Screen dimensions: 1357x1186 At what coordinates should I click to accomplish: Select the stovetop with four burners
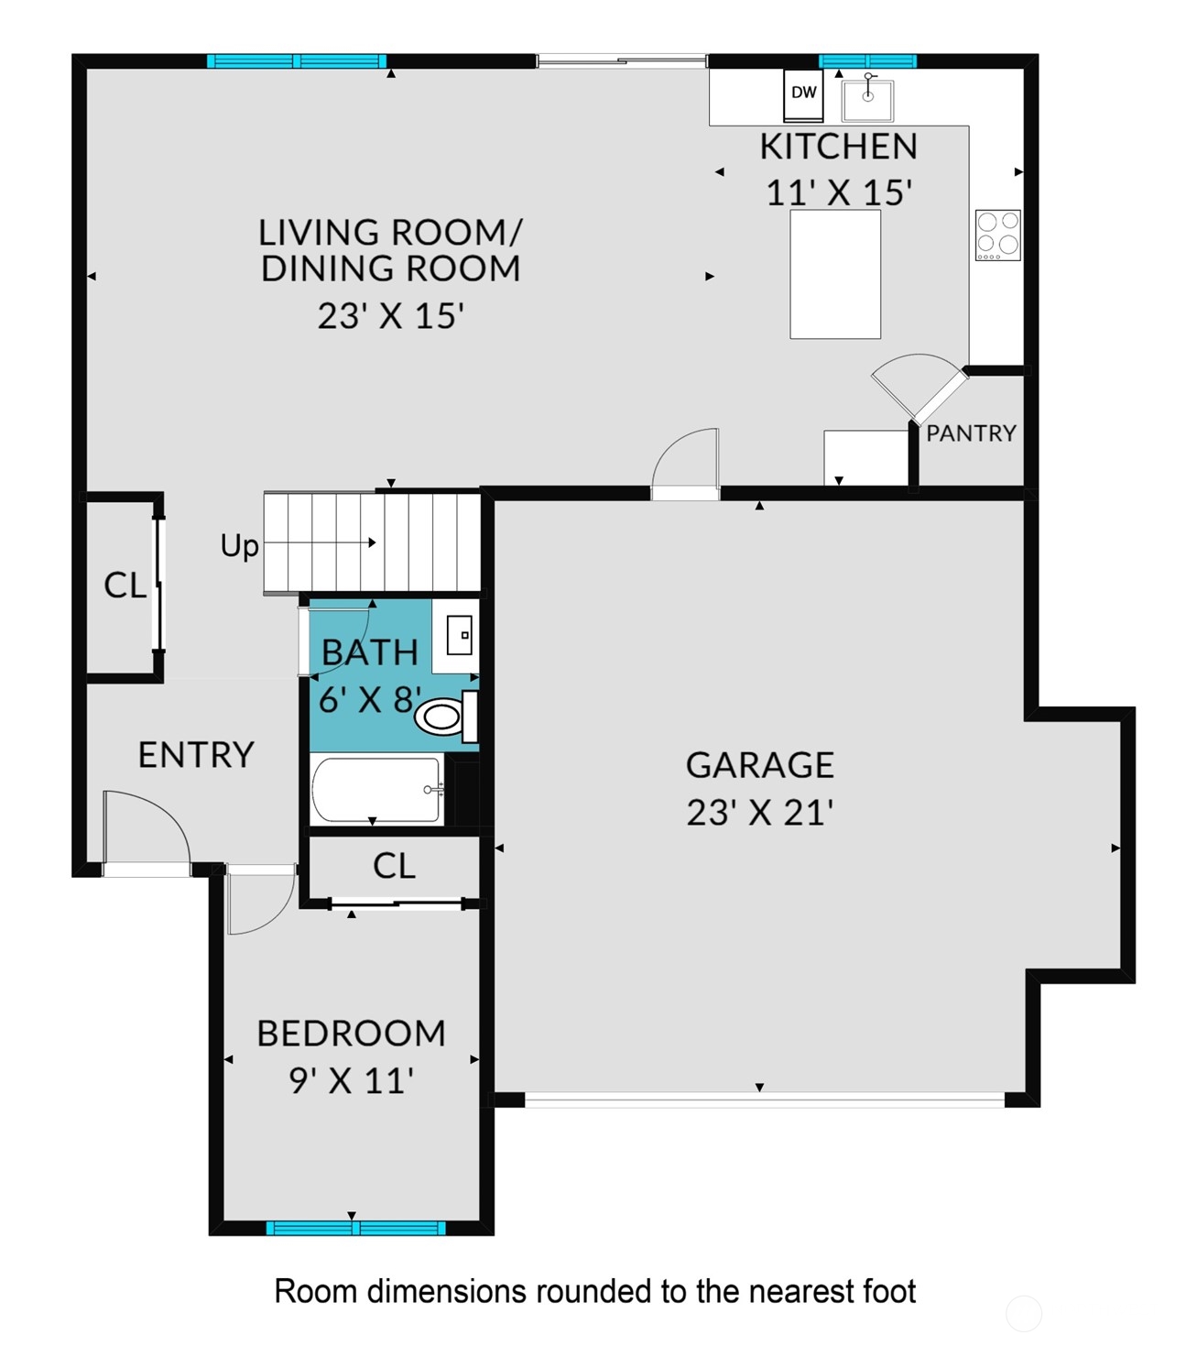coord(997,235)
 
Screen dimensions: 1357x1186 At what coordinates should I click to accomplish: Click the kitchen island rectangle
coord(835,275)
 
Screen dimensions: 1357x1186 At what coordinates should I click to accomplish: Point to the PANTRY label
coord(971,433)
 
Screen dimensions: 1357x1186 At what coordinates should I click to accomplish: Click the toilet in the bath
coord(442,716)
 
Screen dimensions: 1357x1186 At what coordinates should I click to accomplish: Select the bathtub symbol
coord(376,790)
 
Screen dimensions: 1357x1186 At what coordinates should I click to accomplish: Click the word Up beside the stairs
coord(239,546)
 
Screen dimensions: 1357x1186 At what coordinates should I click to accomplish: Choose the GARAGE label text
coord(759,765)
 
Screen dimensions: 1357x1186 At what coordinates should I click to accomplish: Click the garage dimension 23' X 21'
coord(759,813)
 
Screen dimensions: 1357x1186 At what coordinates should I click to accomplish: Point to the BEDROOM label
coord(351,1034)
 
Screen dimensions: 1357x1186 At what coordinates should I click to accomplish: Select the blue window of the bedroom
coord(355,1228)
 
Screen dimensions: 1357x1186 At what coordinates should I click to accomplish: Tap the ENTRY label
coord(196,755)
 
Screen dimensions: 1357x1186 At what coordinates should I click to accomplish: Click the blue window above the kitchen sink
coord(867,61)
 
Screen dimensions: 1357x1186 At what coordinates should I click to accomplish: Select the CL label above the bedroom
coord(394,866)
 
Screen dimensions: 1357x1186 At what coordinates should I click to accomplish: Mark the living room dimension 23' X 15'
coord(390,316)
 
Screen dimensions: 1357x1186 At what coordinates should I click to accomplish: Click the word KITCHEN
coord(838,147)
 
